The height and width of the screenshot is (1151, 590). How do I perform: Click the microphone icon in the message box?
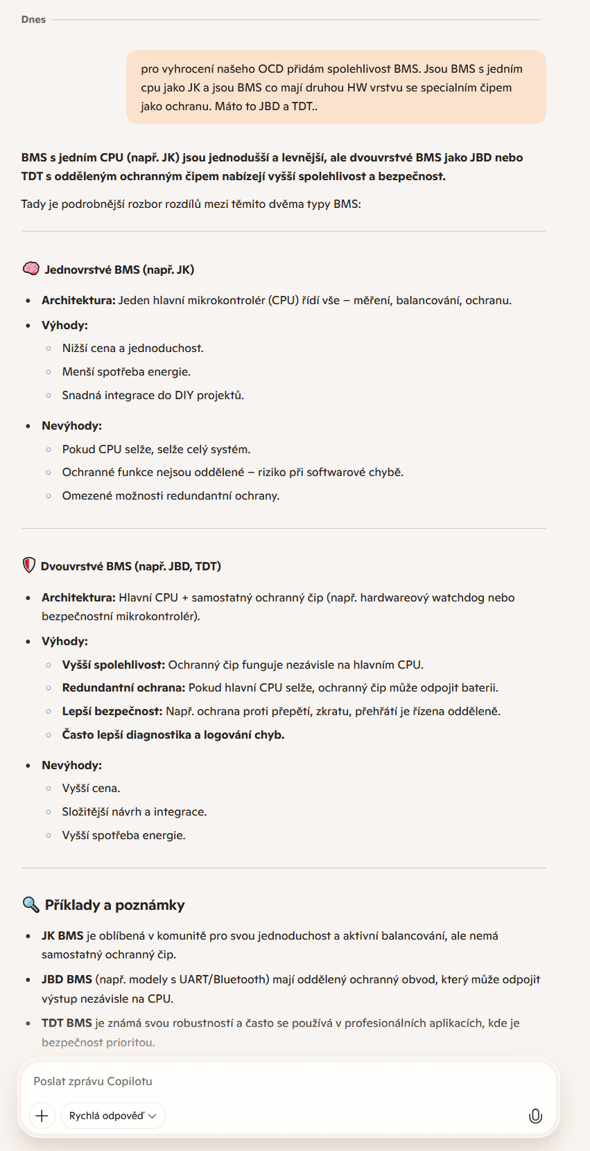(535, 1116)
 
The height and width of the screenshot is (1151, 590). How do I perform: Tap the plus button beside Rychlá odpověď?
(42, 1116)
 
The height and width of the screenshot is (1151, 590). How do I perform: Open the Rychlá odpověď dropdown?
(113, 1116)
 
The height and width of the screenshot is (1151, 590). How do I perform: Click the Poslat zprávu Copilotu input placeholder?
(93, 1081)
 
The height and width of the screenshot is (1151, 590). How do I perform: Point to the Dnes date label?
(33, 19)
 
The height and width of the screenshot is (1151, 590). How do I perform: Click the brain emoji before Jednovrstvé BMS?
(31, 269)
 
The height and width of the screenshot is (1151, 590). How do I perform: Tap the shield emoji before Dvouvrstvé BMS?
(29, 565)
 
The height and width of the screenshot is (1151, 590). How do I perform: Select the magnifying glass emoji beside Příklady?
(31, 904)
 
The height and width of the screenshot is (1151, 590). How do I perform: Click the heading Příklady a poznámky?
(114, 905)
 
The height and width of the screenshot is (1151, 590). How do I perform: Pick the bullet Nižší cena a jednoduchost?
(132, 348)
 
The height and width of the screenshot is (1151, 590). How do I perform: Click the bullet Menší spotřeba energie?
(126, 371)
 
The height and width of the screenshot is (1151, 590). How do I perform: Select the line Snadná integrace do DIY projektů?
(153, 395)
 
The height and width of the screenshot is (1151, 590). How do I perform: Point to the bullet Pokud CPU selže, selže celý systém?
(156, 449)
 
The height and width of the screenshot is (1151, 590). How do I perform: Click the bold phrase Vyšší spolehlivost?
(114, 665)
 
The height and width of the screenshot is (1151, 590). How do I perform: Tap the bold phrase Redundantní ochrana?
(123, 687)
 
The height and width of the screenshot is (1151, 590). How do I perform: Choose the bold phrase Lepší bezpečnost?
(112, 711)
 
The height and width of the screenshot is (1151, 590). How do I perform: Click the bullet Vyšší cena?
(91, 788)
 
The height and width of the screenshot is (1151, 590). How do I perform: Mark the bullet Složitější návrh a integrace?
(134, 811)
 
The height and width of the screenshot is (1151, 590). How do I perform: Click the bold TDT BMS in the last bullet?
(67, 1023)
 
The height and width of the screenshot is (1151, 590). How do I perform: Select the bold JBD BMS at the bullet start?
(67, 979)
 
